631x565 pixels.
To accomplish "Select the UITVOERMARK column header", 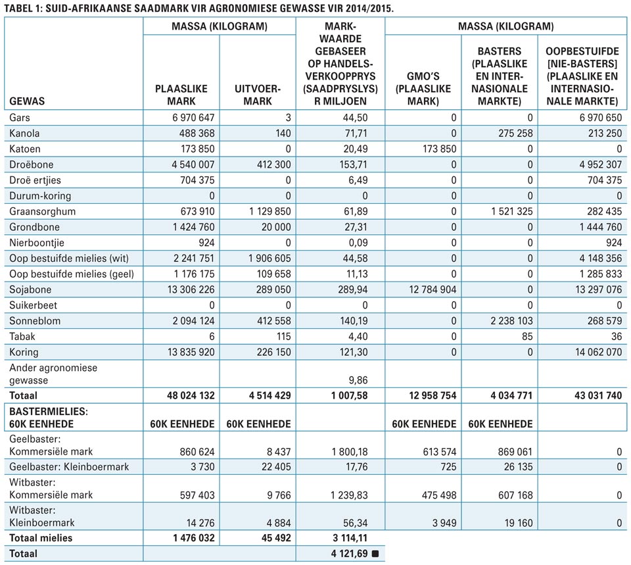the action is click(x=258, y=95).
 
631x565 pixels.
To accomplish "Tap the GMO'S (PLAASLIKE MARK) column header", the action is click(x=423, y=89).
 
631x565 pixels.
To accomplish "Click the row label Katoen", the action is click(x=25, y=149).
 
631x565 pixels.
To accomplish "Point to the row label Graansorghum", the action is click(x=42, y=211).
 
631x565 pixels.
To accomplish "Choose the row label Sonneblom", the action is click(x=35, y=321).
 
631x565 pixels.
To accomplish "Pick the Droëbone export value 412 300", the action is click(x=273, y=164).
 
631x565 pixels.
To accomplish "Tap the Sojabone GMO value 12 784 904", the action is click(x=432, y=289).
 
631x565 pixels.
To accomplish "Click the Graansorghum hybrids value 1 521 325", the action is click(x=512, y=211).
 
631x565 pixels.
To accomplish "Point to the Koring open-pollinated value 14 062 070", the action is click(x=598, y=352).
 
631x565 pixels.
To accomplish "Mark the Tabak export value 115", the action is click(x=283, y=336).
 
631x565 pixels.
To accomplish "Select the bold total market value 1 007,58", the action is click(x=349, y=395).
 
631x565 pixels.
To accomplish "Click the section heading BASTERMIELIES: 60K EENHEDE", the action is click(x=49, y=418).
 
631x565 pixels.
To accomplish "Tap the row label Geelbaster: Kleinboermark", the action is click(x=69, y=467).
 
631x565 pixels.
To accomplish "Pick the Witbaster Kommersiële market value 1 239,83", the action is click(x=349, y=495).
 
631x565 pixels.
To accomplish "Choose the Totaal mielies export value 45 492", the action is click(x=276, y=538).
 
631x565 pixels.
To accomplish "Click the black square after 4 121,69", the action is click(x=375, y=554).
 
